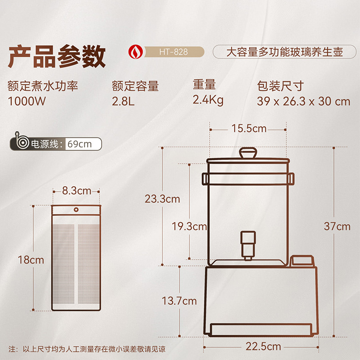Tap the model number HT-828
click(x=173, y=52)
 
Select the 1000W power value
click(x=27, y=101)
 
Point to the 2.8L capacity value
click(x=123, y=101)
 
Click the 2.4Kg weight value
click(x=208, y=100)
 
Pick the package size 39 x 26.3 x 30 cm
click(x=304, y=101)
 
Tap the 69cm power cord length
click(x=79, y=144)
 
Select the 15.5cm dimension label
click(x=249, y=129)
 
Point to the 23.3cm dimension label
click(x=162, y=198)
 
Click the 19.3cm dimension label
click(x=189, y=226)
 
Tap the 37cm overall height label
click(x=337, y=226)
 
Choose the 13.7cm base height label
click(x=180, y=301)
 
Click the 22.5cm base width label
click(x=263, y=346)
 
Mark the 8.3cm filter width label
click(x=76, y=190)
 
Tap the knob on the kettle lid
click(x=247, y=153)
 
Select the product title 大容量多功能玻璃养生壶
click(x=284, y=52)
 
